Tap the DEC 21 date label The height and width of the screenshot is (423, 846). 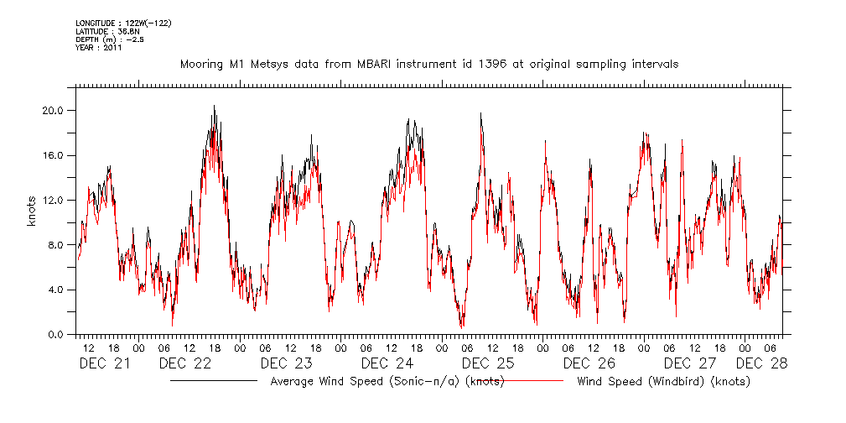tap(105, 363)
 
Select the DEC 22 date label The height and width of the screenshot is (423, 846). tap(184, 363)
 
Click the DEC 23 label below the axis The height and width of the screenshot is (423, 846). tap(286, 363)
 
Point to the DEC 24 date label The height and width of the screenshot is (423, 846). tap(387, 363)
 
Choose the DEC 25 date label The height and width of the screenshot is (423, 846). tap(488, 363)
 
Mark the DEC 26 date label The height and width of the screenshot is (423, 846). tap(589, 363)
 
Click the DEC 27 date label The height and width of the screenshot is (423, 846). tap(689, 363)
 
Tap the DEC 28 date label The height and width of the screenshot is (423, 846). tap(761, 363)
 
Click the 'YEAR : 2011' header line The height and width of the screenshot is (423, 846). tap(99, 48)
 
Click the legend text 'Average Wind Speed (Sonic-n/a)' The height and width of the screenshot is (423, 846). tap(364, 382)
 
